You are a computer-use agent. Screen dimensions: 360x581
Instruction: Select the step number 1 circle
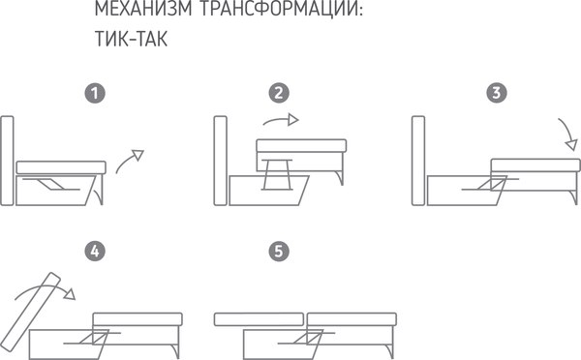pos(94,94)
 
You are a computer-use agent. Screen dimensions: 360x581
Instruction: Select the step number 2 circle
pos(280,94)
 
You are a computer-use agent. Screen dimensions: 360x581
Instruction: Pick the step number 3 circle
pos(497,94)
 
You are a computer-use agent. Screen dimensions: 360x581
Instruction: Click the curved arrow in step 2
pos(282,121)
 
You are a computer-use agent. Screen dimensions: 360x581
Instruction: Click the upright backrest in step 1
pos(8,161)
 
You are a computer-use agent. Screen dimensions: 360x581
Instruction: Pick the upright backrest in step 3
pos(419,161)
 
